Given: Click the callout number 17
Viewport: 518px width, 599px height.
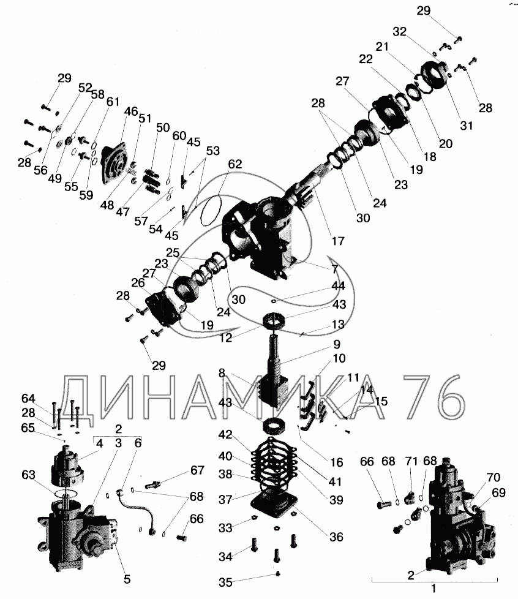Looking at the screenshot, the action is click(338, 241).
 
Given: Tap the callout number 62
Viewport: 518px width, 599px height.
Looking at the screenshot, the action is click(235, 164).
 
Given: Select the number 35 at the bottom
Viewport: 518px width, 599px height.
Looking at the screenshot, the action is click(226, 582).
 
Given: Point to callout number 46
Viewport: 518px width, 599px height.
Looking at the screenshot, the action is click(131, 111).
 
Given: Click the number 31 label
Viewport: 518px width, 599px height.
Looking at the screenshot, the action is click(467, 126).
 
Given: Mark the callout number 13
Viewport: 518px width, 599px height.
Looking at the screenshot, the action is click(338, 325).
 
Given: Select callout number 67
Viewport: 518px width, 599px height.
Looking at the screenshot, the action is click(197, 470).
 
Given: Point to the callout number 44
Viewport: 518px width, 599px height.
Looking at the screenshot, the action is click(338, 285).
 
